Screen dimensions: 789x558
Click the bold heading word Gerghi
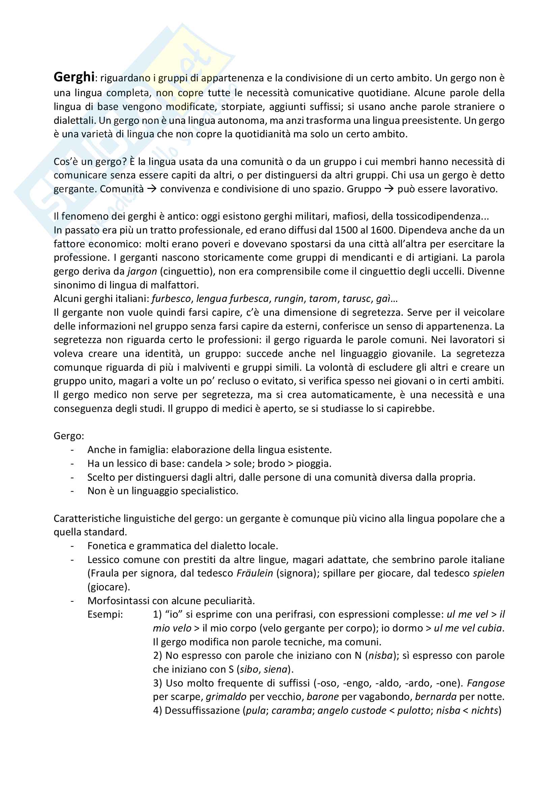click(x=74, y=77)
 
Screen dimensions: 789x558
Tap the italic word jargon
click(x=142, y=271)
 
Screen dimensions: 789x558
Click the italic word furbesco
click(x=171, y=299)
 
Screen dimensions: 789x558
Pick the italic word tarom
click(x=323, y=299)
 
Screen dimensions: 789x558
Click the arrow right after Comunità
click(x=152, y=189)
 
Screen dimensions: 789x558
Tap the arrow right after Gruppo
click(x=389, y=189)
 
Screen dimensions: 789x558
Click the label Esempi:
click(x=105, y=614)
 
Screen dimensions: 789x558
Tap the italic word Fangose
click(x=485, y=683)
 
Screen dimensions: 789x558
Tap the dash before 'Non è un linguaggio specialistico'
click(x=72, y=491)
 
